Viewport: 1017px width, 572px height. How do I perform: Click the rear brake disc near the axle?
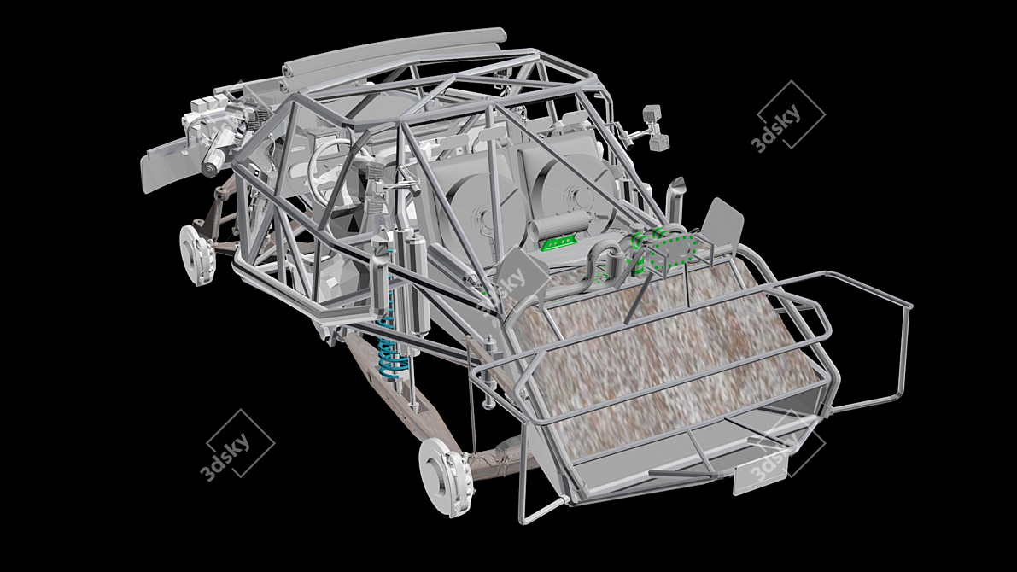pos(446,476)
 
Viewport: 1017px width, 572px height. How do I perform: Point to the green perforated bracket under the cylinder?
pos(559,242)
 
